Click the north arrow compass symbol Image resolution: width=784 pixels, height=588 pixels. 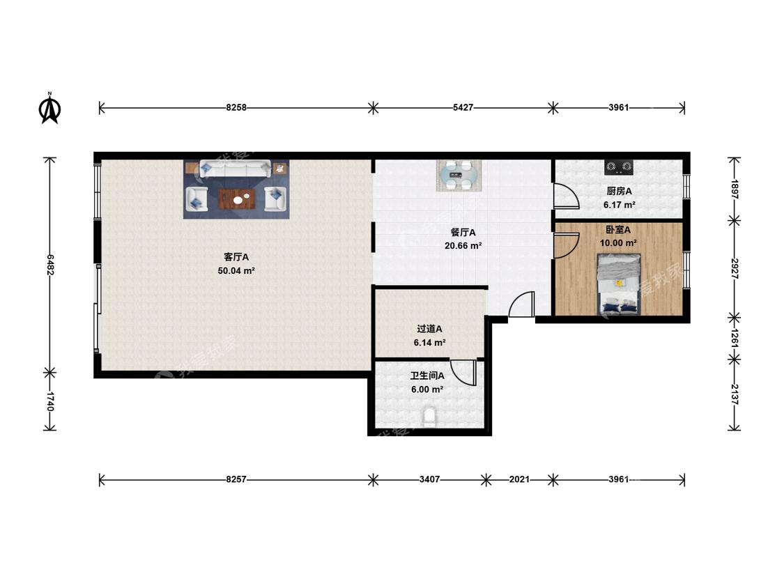(50, 108)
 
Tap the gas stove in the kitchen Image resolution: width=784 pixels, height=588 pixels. (619, 167)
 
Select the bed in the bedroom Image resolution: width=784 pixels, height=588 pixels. (619, 284)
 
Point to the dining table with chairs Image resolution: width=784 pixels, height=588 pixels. (459, 176)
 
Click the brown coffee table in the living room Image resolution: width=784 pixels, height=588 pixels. (237, 199)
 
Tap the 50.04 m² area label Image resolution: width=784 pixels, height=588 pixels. (236, 271)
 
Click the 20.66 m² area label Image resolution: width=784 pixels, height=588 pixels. (463, 245)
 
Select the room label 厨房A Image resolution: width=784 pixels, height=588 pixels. (619, 191)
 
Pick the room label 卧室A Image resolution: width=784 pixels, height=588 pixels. (618, 230)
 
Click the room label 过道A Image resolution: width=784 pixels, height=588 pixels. (429, 329)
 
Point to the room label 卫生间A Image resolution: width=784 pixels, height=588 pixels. (427, 376)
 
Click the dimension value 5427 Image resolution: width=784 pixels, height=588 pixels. (463, 107)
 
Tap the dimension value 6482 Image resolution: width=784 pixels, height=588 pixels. (50, 265)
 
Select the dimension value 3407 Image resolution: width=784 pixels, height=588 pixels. (429, 479)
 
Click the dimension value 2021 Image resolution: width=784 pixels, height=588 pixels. (519, 479)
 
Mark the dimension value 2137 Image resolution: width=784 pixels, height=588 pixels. (735, 394)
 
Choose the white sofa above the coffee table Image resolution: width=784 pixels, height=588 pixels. (236, 169)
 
